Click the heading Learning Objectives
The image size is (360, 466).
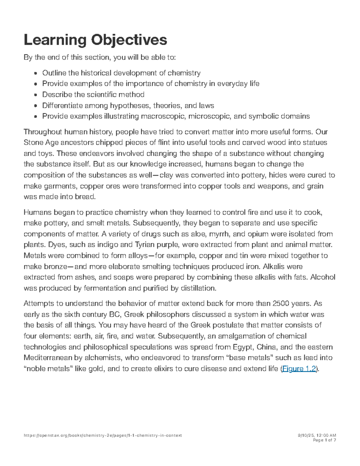point(95,40)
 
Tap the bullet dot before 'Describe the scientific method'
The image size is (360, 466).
point(36,95)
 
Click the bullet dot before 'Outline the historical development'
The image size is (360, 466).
point(36,73)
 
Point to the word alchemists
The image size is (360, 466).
point(105,358)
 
